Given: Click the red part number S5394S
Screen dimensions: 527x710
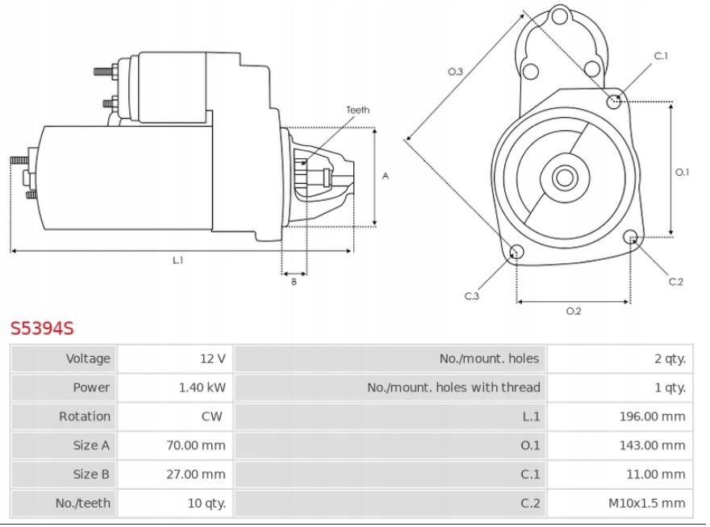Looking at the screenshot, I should point(42,328).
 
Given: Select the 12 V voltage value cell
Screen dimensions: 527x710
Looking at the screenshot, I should point(213,358).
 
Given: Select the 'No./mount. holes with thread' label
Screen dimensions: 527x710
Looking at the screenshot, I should point(453,387).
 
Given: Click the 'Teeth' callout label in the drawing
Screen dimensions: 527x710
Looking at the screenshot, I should point(358,111).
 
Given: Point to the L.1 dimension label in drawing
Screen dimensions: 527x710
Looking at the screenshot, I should point(178,260).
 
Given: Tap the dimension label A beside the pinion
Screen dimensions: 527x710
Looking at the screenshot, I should point(386,176).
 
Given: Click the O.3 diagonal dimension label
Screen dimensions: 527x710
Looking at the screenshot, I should point(455,72).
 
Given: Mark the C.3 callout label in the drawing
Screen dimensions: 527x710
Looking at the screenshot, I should point(472,296).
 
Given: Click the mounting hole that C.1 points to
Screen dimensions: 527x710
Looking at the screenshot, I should point(616,101).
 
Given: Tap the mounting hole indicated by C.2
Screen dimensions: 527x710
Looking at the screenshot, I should point(633,237).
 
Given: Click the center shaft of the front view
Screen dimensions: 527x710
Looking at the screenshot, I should point(564,178).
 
